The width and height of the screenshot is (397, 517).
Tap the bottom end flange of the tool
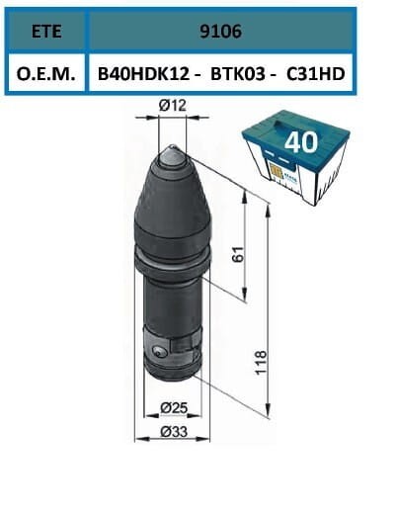click(173, 371)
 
